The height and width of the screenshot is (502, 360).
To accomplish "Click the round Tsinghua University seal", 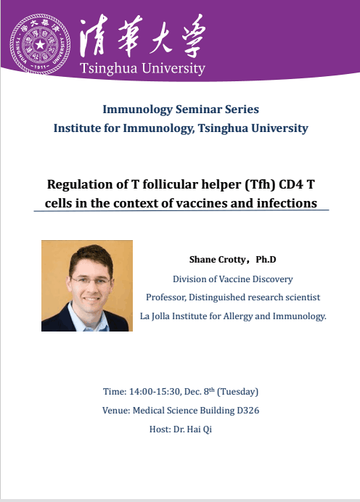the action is tap(40, 44).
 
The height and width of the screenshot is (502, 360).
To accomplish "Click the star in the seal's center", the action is tap(40, 44).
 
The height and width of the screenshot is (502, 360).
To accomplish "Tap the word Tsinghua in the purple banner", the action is tap(108, 69).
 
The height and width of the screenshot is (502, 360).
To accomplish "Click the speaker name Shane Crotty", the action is tap(218, 260).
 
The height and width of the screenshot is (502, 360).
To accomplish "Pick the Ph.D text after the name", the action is tap(266, 259).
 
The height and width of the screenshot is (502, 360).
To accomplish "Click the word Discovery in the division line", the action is tap(273, 279).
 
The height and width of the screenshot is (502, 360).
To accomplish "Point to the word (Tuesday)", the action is tap(237, 392).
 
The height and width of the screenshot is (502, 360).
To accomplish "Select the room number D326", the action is tap(248, 411).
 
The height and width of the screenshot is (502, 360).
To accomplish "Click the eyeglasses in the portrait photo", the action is tap(91, 281).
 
